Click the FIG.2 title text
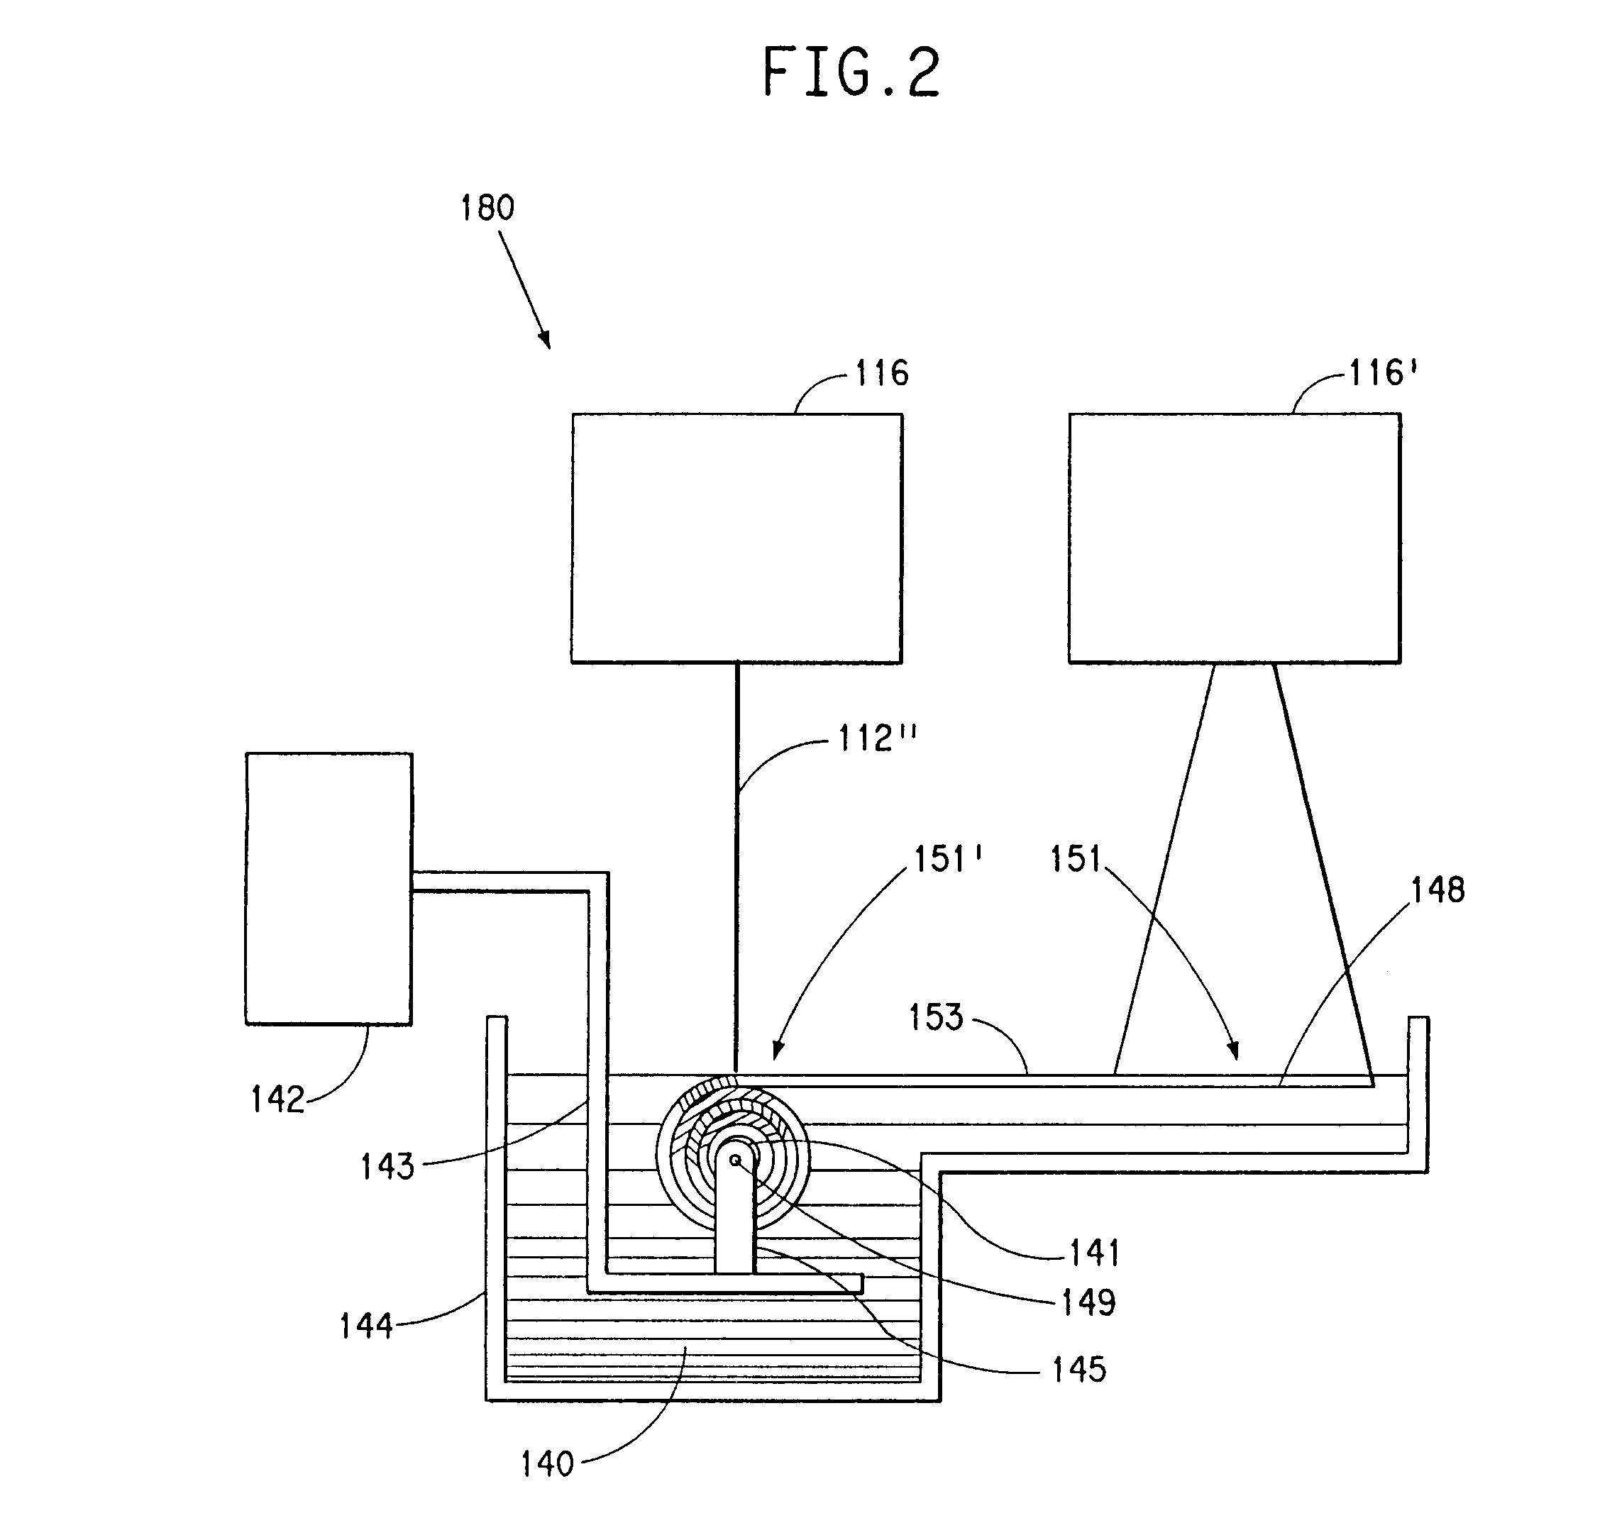pyautogui.click(x=851, y=73)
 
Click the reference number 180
pyautogui.click(x=487, y=208)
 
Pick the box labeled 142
pyautogui.click(x=328, y=888)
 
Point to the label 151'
pyautogui.click(x=948, y=860)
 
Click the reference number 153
pyautogui.click(x=936, y=1017)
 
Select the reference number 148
pyautogui.click(x=1437, y=890)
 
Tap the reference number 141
pyautogui.click(x=1094, y=1252)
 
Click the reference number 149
pyautogui.click(x=1088, y=1302)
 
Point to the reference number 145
pyautogui.click(x=1079, y=1370)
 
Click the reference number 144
pyautogui.click(x=366, y=1326)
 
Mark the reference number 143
pyautogui.click(x=388, y=1167)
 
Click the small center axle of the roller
pyautogui.click(x=735, y=1160)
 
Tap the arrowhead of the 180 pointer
pyautogui.click(x=545, y=341)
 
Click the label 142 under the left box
pyautogui.click(x=277, y=1099)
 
